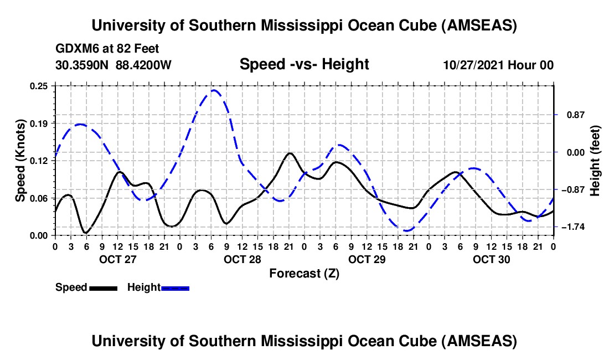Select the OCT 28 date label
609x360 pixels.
[242, 259]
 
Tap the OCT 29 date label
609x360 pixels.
[367, 259]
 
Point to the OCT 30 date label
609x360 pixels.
[491, 259]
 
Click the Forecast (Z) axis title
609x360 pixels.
[304, 273]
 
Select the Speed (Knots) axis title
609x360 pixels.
[20, 161]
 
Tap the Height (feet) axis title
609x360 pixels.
[596, 161]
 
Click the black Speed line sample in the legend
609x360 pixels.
[103, 287]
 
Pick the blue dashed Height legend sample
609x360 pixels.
[175, 287]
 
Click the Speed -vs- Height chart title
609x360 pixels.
[304, 65]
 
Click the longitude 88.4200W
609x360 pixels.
[143, 65]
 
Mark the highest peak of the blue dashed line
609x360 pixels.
[214, 90]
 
